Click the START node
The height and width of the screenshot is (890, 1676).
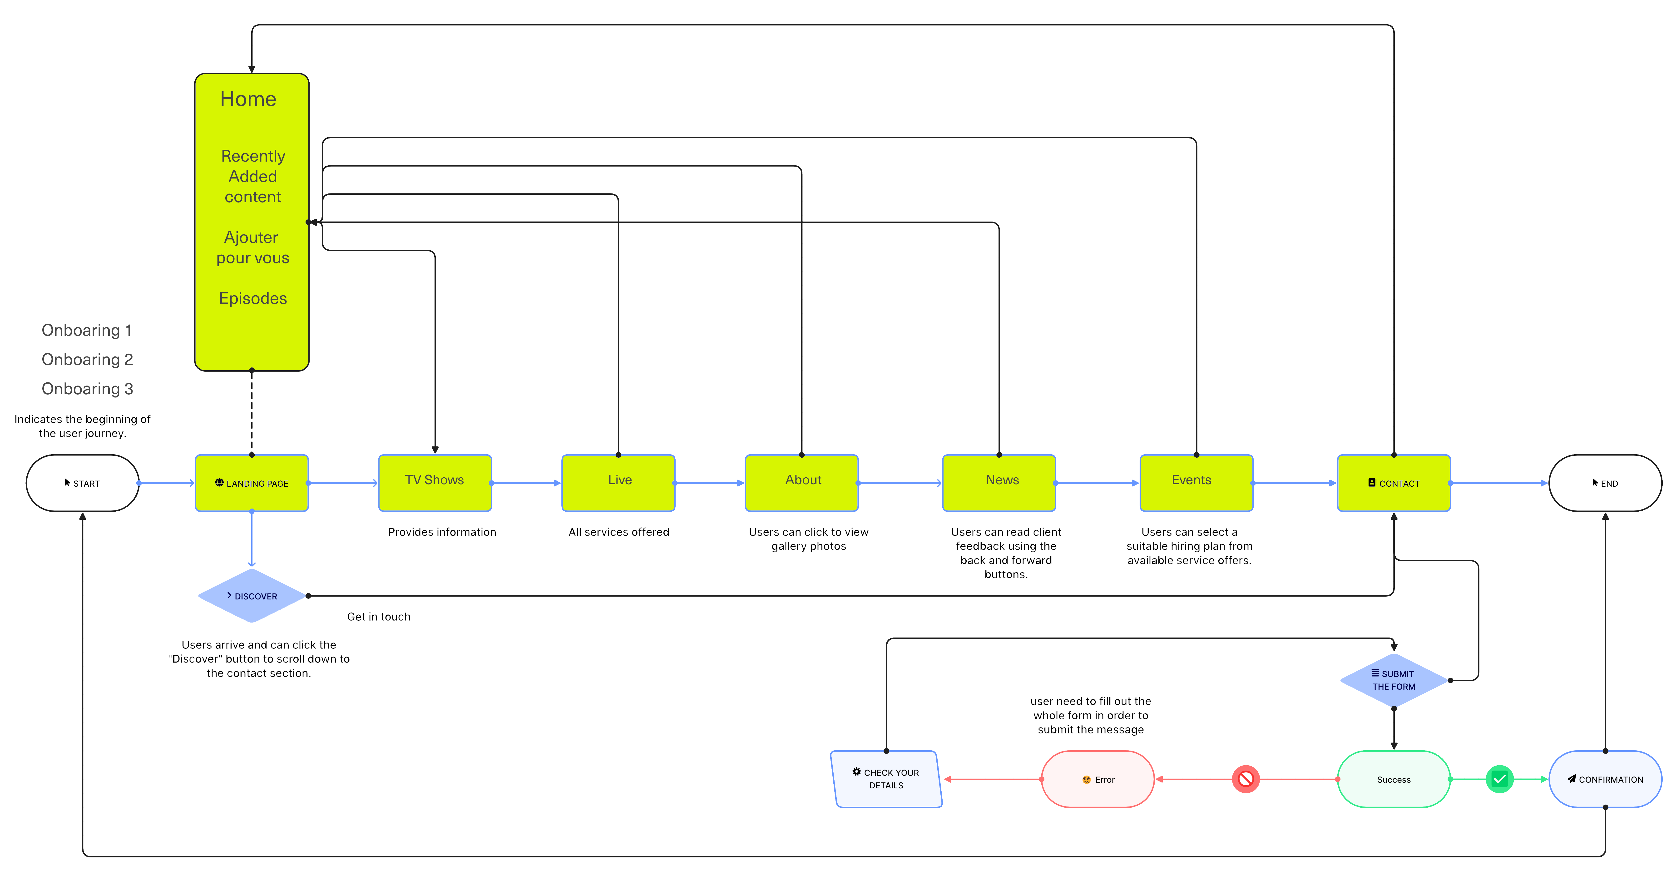[x=83, y=483]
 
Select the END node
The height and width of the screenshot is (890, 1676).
[x=1605, y=483]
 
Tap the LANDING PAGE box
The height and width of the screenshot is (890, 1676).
[x=252, y=483]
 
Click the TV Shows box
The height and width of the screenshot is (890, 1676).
[x=435, y=483]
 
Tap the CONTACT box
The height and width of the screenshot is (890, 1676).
[x=1394, y=483]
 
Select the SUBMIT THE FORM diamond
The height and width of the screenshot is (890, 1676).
[x=1394, y=680]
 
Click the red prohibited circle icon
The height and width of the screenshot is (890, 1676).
[x=1245, y=779]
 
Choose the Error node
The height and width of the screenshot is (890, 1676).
[x=1098, y=779]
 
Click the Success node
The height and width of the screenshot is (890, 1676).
[x=1394, y=779]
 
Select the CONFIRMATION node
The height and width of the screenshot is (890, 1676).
[x=1605, y=779]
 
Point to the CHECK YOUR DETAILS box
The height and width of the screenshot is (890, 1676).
[x=886, y=779]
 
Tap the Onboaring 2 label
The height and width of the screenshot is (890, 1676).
[x=87, y=359]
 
